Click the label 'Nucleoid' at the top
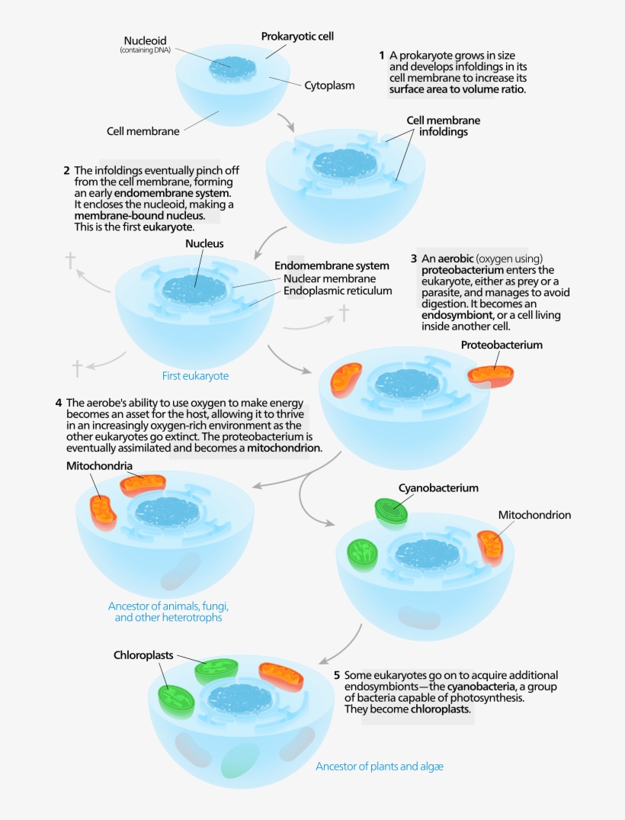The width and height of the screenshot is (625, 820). (145, 40)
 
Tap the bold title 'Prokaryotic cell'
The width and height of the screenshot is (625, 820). (297, 36)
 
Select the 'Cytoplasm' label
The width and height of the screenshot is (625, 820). (329, 85)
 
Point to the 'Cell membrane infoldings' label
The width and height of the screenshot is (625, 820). (443, 126)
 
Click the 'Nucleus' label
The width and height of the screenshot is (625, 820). (204, 244)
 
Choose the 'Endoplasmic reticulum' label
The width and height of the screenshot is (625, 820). (338, 291)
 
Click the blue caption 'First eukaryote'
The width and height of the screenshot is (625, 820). (195, 376)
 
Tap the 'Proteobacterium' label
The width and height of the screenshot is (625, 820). (502, 345)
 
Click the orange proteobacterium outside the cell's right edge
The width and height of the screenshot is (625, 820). (491, 375)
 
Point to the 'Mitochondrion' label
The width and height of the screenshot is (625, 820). (534, 515)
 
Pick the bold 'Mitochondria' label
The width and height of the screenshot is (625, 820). (100, 465)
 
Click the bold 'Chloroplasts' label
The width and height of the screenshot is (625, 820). (143, 654)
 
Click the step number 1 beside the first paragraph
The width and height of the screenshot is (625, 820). (382, 56)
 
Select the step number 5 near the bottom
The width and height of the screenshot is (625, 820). (337, 675)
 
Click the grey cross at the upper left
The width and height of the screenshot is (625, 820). (71, 261)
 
